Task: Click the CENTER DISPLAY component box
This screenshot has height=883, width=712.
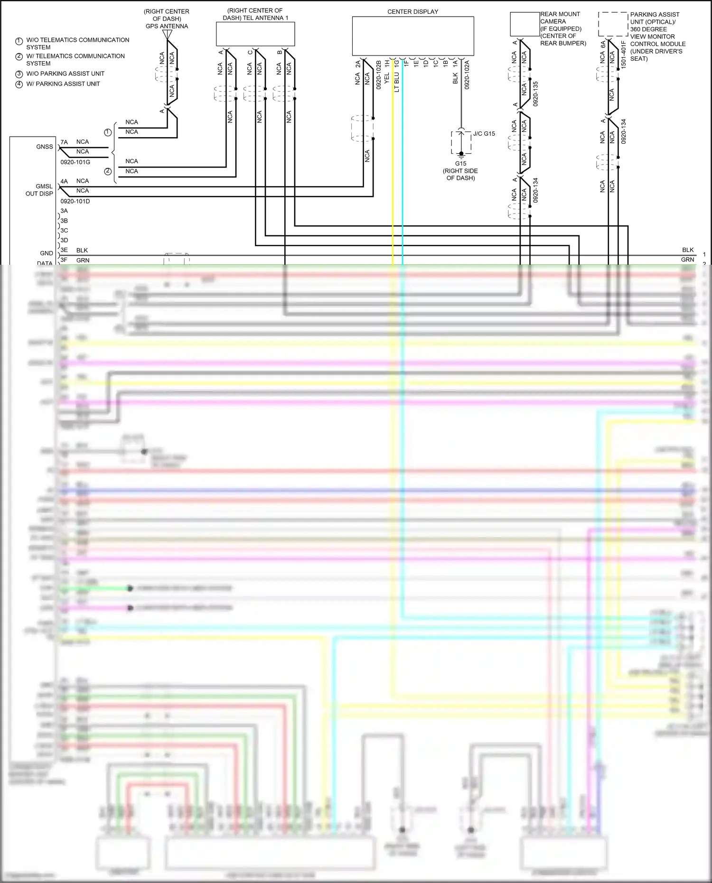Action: coord(412,36)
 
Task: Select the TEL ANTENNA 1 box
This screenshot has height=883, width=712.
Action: coord(255,34)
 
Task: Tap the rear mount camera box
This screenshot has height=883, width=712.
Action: coord(525,24)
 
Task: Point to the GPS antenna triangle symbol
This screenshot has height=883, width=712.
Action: coord(167,35)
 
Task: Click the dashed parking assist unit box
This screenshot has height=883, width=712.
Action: coord(613,24)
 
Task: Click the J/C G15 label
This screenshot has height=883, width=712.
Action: coord(484,134)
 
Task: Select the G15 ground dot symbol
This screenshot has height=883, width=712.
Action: coord(461,154)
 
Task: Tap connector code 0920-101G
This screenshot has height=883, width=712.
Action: coord(75,162)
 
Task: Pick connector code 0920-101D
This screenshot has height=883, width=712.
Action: coord(75,201)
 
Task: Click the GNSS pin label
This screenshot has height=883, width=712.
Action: coord(45,147)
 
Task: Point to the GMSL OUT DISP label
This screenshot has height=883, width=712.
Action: coord(39,190)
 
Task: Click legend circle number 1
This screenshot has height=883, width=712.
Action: coord(19,42)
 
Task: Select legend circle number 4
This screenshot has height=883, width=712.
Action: coord(19,84)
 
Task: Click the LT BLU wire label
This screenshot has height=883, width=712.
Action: coord(397,82)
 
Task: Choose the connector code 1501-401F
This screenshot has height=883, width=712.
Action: coord(624,54)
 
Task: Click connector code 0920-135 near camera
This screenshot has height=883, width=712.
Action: coord(535,93)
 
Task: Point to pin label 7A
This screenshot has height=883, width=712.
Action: coord(64,142)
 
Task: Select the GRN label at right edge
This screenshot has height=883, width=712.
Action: coord(687,260)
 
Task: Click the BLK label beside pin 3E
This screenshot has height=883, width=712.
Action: coord(82,250)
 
